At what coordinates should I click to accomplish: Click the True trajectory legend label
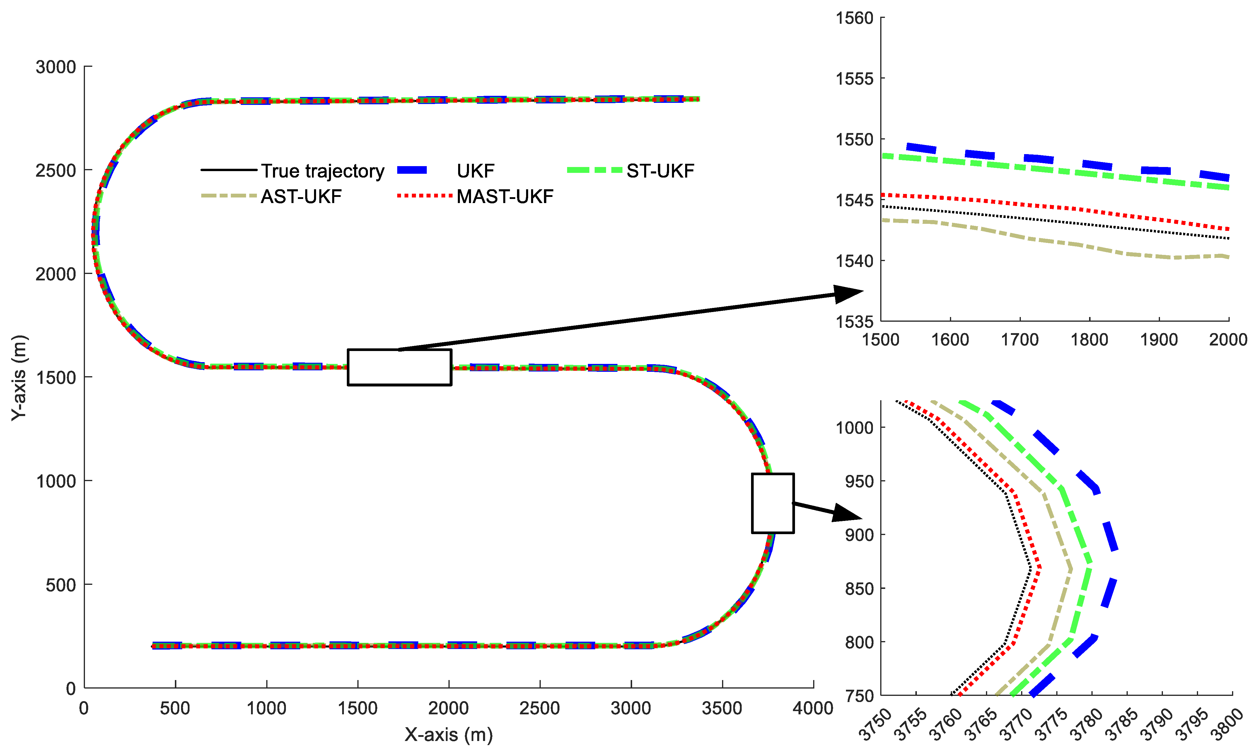[323, 171]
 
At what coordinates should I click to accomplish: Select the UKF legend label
[475, 171]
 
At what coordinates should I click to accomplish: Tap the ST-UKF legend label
[660, 171]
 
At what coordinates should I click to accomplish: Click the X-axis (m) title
[448, 734]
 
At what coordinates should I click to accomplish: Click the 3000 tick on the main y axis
[56, 67]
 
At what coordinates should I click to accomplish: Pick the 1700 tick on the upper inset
[1020, 340]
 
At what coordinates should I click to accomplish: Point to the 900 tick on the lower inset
[859, 535]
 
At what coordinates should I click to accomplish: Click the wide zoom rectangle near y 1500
[399, 367]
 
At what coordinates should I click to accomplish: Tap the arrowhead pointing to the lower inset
[847, 514]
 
